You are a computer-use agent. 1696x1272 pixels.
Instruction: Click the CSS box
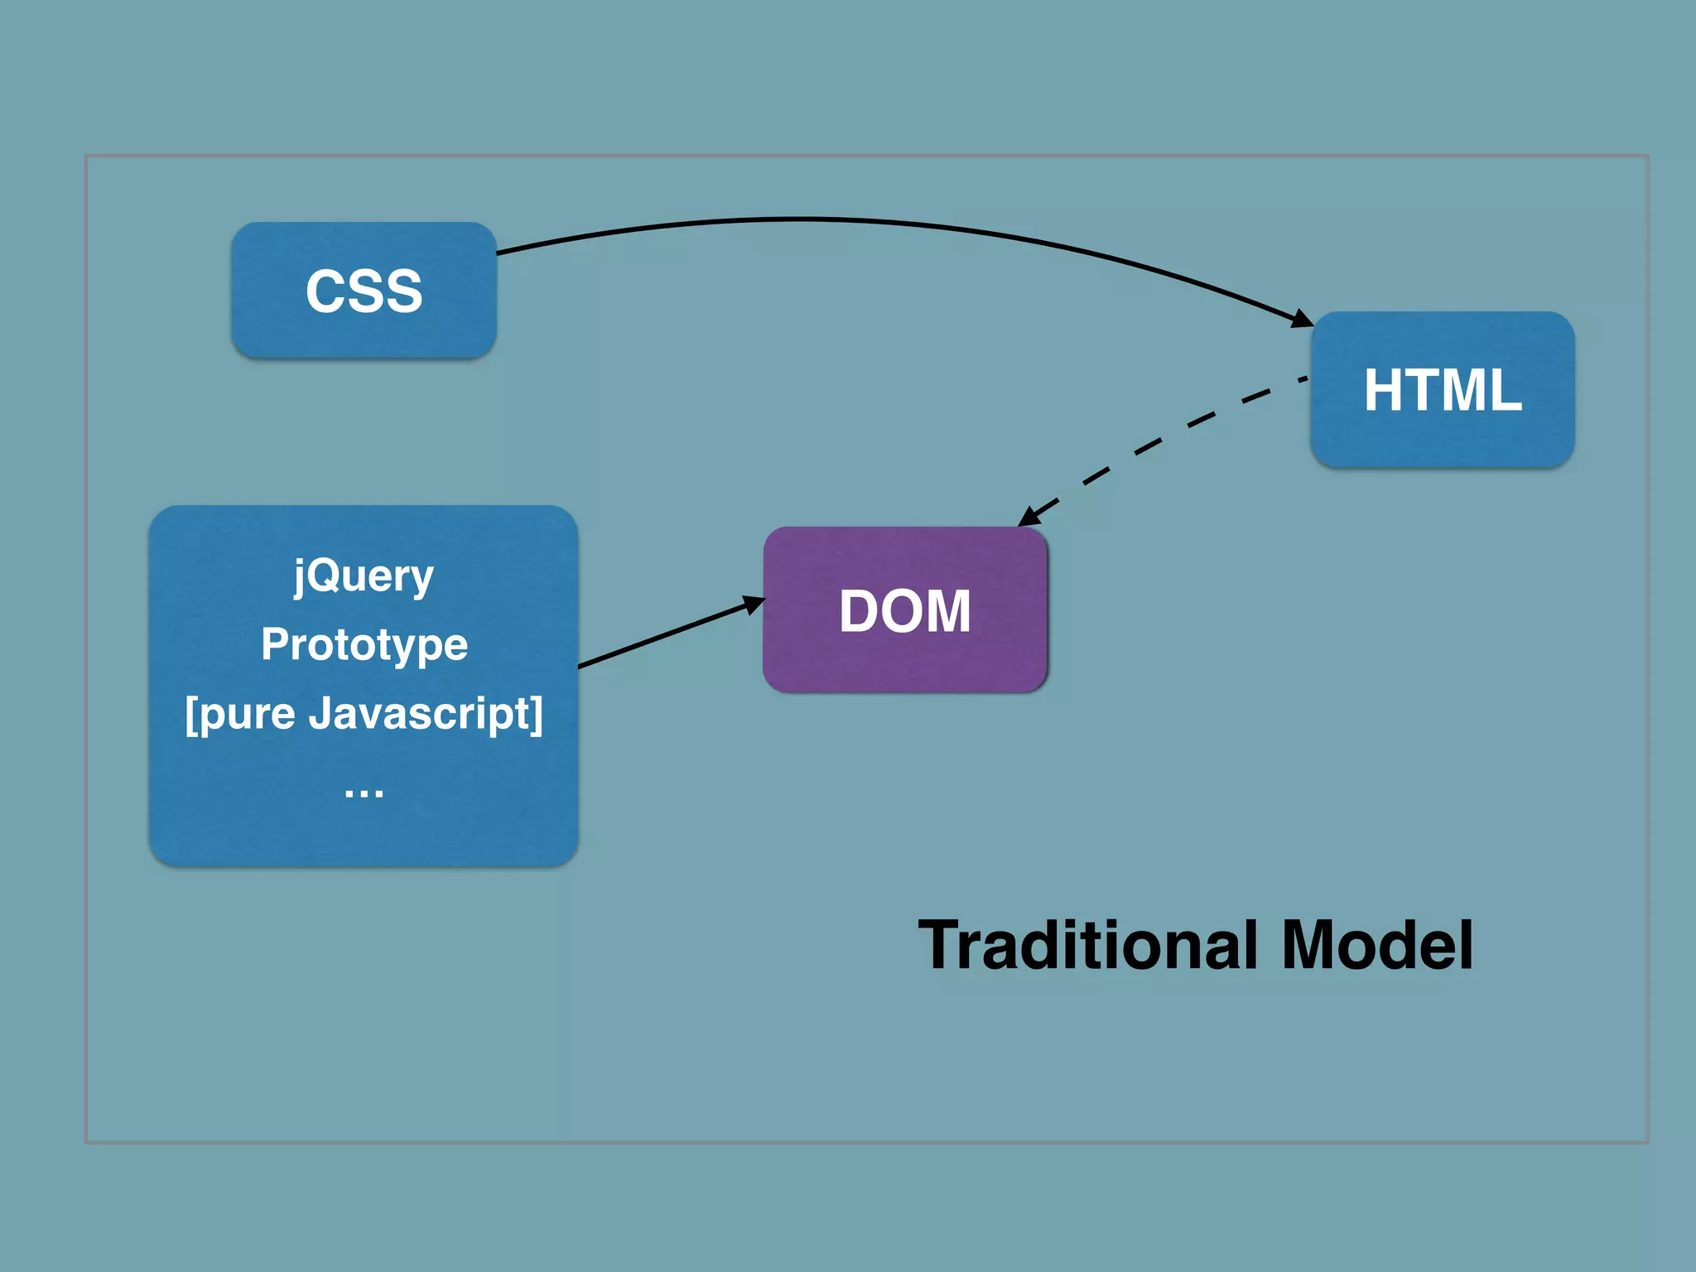click(x=364, y=290)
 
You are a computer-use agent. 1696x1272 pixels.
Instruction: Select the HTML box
click(x=1442, y=389)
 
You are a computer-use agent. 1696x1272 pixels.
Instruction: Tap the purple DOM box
click(x=904, y=610)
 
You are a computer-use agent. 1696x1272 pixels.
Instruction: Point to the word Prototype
click(x=364, y=644)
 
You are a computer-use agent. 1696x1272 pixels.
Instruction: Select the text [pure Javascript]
click(x=364, y=713)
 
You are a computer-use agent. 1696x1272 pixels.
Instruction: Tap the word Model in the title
click(x=1376, y=945)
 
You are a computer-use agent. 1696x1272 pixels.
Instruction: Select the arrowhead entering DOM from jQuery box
click(x=753, y=604)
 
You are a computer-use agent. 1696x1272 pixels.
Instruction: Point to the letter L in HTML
click(x=1505, y=390)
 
